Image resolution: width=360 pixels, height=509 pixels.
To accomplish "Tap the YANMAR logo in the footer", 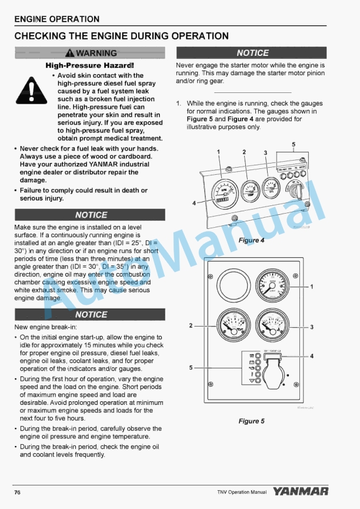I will [301, 491].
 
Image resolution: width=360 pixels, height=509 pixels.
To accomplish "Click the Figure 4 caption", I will [251, 240].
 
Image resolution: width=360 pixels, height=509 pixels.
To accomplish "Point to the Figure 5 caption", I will [251, 421].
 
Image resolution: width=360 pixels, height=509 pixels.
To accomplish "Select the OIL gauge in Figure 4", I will [272, 188].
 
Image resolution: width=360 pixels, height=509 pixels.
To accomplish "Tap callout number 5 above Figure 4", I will [294, 144].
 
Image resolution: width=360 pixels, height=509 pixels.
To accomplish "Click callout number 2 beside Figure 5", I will [191, 325].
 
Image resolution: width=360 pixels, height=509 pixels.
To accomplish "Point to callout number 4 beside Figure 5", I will [312, 356].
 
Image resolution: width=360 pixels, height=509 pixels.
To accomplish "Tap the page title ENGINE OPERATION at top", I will [56, 19].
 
